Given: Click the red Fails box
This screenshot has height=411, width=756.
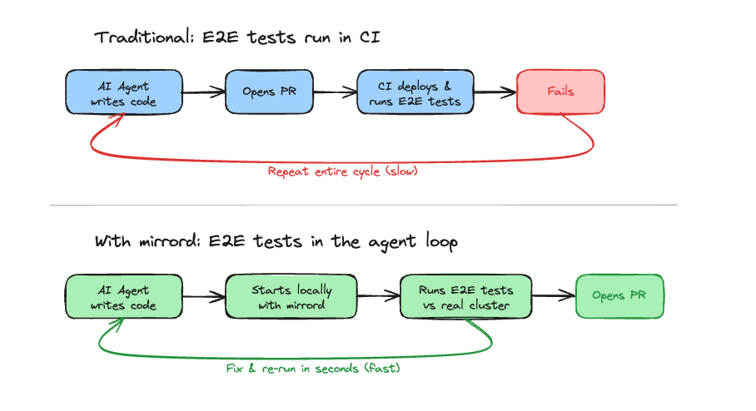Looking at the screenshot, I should point(560,92).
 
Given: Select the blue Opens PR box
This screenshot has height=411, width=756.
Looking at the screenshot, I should point(270,92).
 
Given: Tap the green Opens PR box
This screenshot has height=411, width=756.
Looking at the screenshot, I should point(619,295).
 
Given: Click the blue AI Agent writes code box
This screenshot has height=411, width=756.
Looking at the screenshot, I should point(124,92).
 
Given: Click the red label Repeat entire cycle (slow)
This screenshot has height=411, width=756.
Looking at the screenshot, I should point(342,171).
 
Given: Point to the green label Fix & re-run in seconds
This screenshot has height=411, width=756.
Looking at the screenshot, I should point(313,368).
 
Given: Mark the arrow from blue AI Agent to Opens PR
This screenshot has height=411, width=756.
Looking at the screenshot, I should point(204,92).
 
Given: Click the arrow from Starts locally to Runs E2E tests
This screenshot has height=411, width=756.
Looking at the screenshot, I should point(379,297).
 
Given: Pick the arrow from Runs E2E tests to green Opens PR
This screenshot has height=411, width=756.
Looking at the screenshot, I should point(554,295).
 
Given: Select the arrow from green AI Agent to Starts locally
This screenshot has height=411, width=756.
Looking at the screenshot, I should point(204,297).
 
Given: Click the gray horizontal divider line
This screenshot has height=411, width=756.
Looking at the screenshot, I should point(364,205).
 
